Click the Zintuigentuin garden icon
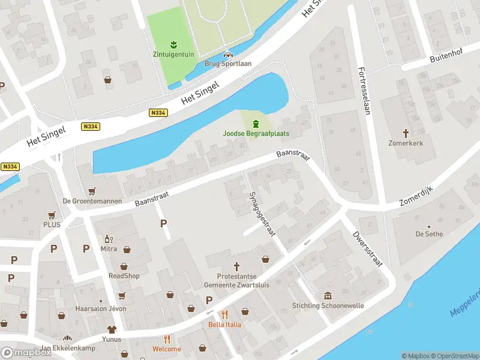pyautogui.click(x=173, y=44)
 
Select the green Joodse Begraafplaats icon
pyautogui.click(x=256, y=124)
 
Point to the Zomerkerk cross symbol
pyautogui.click(x=406, y=133)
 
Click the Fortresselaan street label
pyautogui.click(x=365, y=91)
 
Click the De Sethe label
pyautogui.click(x=428, y=233)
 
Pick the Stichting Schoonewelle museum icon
pyautogui.click(x=328, y=296)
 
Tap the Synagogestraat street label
pyautogui.click(x=262, y=214)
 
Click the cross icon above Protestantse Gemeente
pyautogui.click(x=236, y=266)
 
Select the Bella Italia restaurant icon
pyautogui.click(x=224, y=314)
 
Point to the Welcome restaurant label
pyautogui.click(x=166, y=349)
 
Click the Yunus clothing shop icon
pyautogui.click(x=111, y=329)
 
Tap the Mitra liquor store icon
pyautogui.click(x=108, y=238)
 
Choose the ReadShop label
pyautogui.click(x=124, y=276)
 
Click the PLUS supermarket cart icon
pyautogui.click(x=52, y=215)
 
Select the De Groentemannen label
pyautogui.click(x=92, y=201)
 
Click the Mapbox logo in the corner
pyautogui.click(x=26, y=353)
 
